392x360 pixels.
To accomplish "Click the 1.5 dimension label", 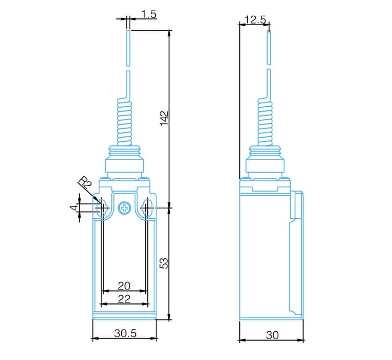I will pos(149,14).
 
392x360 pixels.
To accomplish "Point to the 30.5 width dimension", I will pos(125,333).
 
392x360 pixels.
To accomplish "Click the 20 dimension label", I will pos(124,286).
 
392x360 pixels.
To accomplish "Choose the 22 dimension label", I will pos(124,298).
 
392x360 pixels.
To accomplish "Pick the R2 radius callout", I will pos(85,184).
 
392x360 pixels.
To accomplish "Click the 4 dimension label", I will pos(74,208).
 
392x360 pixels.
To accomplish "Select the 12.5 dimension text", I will pos(255,19).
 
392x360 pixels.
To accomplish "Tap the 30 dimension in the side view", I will pos(272,335).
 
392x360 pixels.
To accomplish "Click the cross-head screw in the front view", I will pos(125,208).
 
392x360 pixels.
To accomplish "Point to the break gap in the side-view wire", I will pos(269,65).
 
